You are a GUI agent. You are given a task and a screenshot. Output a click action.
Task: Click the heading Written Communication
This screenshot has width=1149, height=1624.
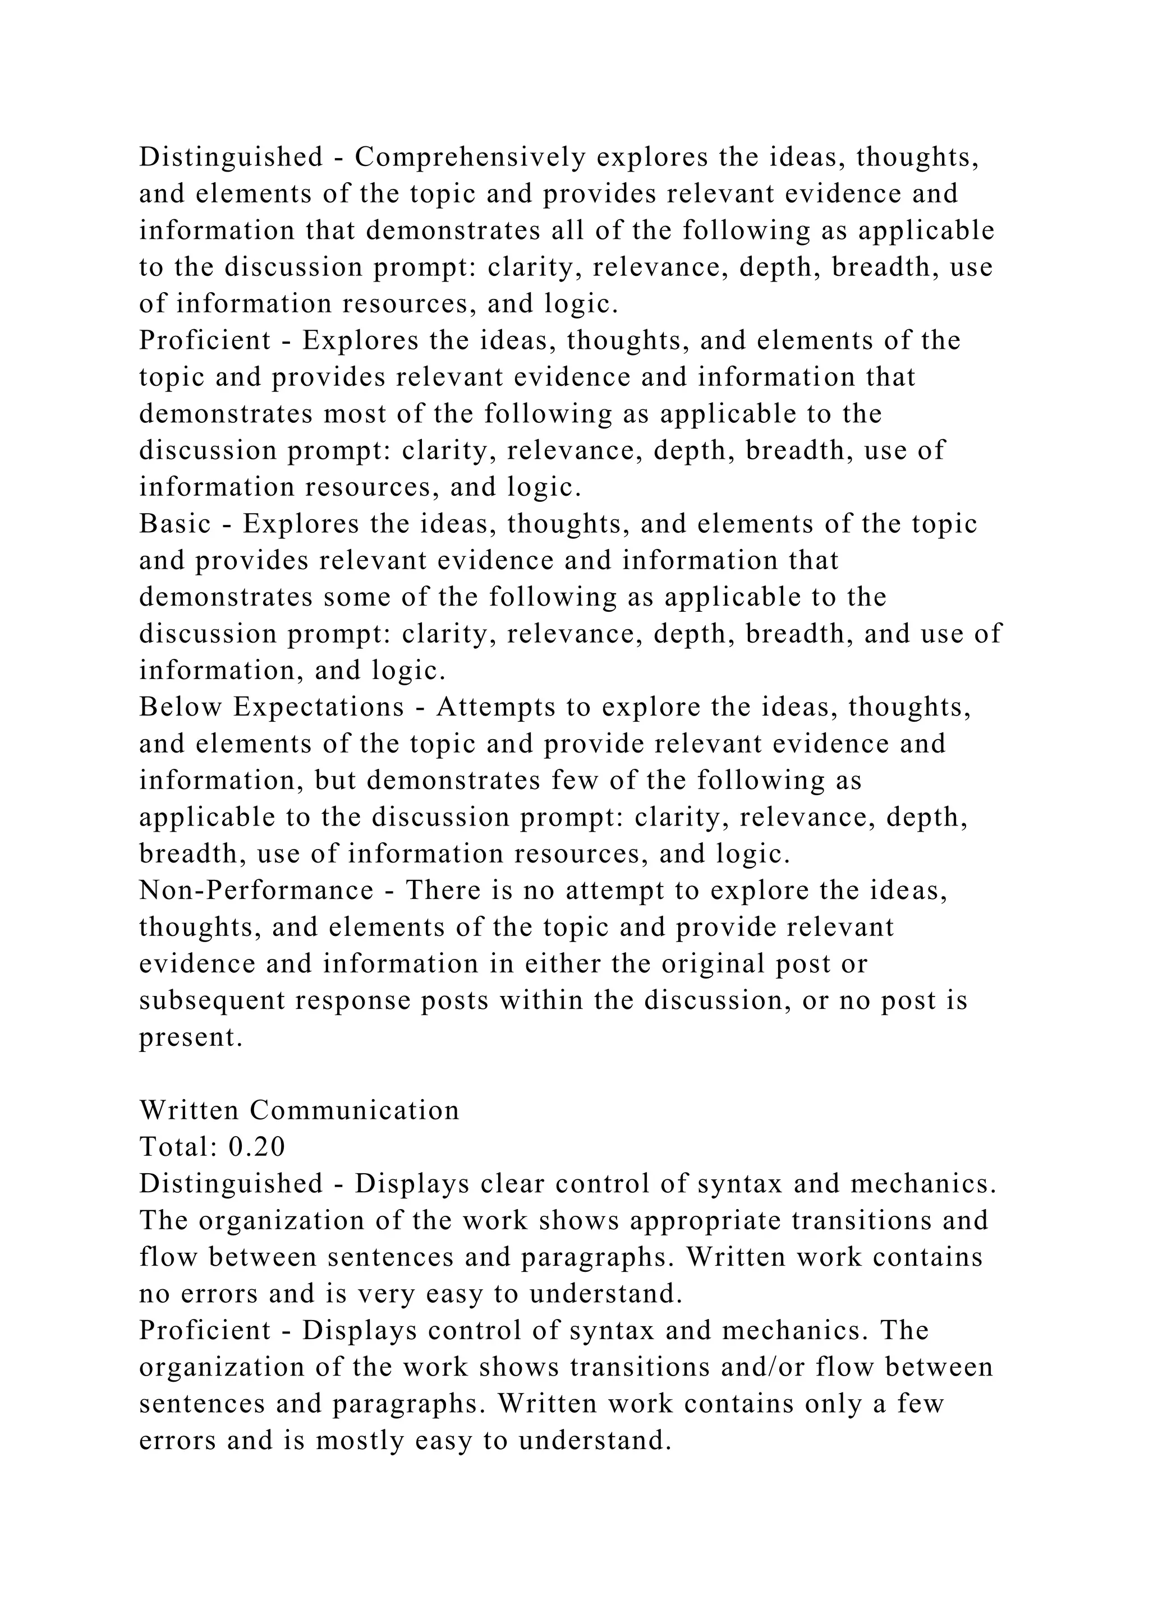(x=299, y=1110)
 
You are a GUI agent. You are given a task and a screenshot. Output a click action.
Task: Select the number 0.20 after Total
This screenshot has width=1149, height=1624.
(x=257, y=1147)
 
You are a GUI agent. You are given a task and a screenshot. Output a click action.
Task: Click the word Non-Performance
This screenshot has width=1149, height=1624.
(x=256, y=890)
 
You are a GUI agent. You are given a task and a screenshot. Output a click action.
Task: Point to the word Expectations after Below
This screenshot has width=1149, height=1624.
(x=318, y=707)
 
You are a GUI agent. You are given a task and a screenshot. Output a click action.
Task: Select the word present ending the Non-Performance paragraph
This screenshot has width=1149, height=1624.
(x=191, y=1037)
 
